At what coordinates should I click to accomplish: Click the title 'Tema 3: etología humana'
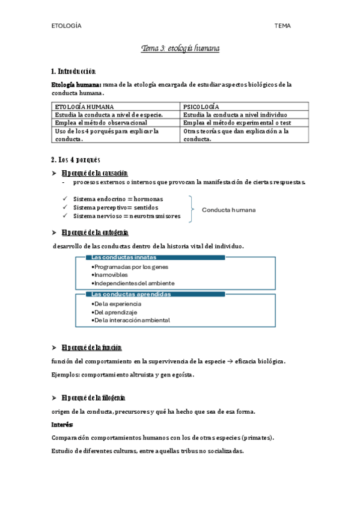(180, 48)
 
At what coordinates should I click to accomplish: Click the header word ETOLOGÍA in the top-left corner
(66, 26)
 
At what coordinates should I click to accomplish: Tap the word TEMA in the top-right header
(282, 26)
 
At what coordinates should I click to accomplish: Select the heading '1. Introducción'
(74, 71)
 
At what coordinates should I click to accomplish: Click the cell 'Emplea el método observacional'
(101, 123)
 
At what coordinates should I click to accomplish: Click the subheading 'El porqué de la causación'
(95, 173)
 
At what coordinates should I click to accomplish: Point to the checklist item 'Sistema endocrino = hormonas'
(118, 199)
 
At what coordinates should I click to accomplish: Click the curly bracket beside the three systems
(192, 209)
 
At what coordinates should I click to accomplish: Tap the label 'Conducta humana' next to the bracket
(228, 210)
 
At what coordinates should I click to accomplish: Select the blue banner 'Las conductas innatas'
(150, 257)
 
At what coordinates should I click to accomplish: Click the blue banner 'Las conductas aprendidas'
(150, 294)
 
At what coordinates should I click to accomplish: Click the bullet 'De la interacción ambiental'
(132, 321)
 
